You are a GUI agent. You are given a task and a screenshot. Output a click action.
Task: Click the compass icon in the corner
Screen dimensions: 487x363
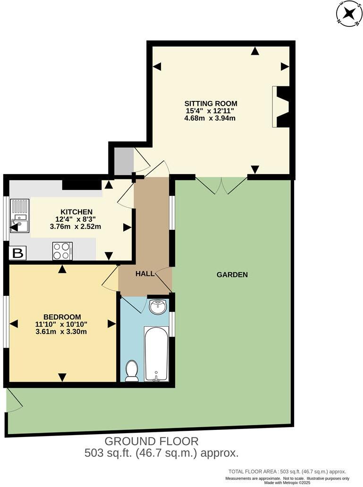[348, 13]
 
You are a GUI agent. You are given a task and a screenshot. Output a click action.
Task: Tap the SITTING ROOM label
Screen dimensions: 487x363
[211, 103]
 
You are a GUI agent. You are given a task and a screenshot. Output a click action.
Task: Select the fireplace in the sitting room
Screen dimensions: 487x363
[282, 107]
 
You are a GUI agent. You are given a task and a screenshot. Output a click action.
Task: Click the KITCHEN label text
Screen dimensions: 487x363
[76, 211]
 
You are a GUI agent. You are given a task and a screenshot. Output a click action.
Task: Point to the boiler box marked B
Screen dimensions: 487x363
[18, 253]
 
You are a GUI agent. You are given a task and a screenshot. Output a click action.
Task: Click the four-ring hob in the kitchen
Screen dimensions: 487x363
[62, 251]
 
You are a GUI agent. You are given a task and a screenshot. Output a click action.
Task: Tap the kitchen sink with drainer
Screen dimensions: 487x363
[20, 217]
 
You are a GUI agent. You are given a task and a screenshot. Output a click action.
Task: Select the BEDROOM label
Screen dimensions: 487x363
[62, 317]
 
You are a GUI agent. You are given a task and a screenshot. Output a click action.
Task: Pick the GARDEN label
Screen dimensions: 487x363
[232, 274]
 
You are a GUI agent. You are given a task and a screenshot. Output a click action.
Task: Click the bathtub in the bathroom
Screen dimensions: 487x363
[156, 353]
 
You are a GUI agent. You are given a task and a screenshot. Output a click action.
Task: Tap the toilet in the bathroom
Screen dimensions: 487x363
[132, 370]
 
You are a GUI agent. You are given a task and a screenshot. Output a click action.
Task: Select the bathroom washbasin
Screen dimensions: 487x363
[158, 307]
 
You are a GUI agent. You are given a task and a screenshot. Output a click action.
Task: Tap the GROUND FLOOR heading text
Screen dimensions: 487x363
[151, 441]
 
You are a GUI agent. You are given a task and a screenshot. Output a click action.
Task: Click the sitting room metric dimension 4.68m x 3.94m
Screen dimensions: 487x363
[210, 118]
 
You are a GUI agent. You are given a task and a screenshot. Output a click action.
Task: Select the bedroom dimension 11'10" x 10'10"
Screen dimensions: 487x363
[62, 324]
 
